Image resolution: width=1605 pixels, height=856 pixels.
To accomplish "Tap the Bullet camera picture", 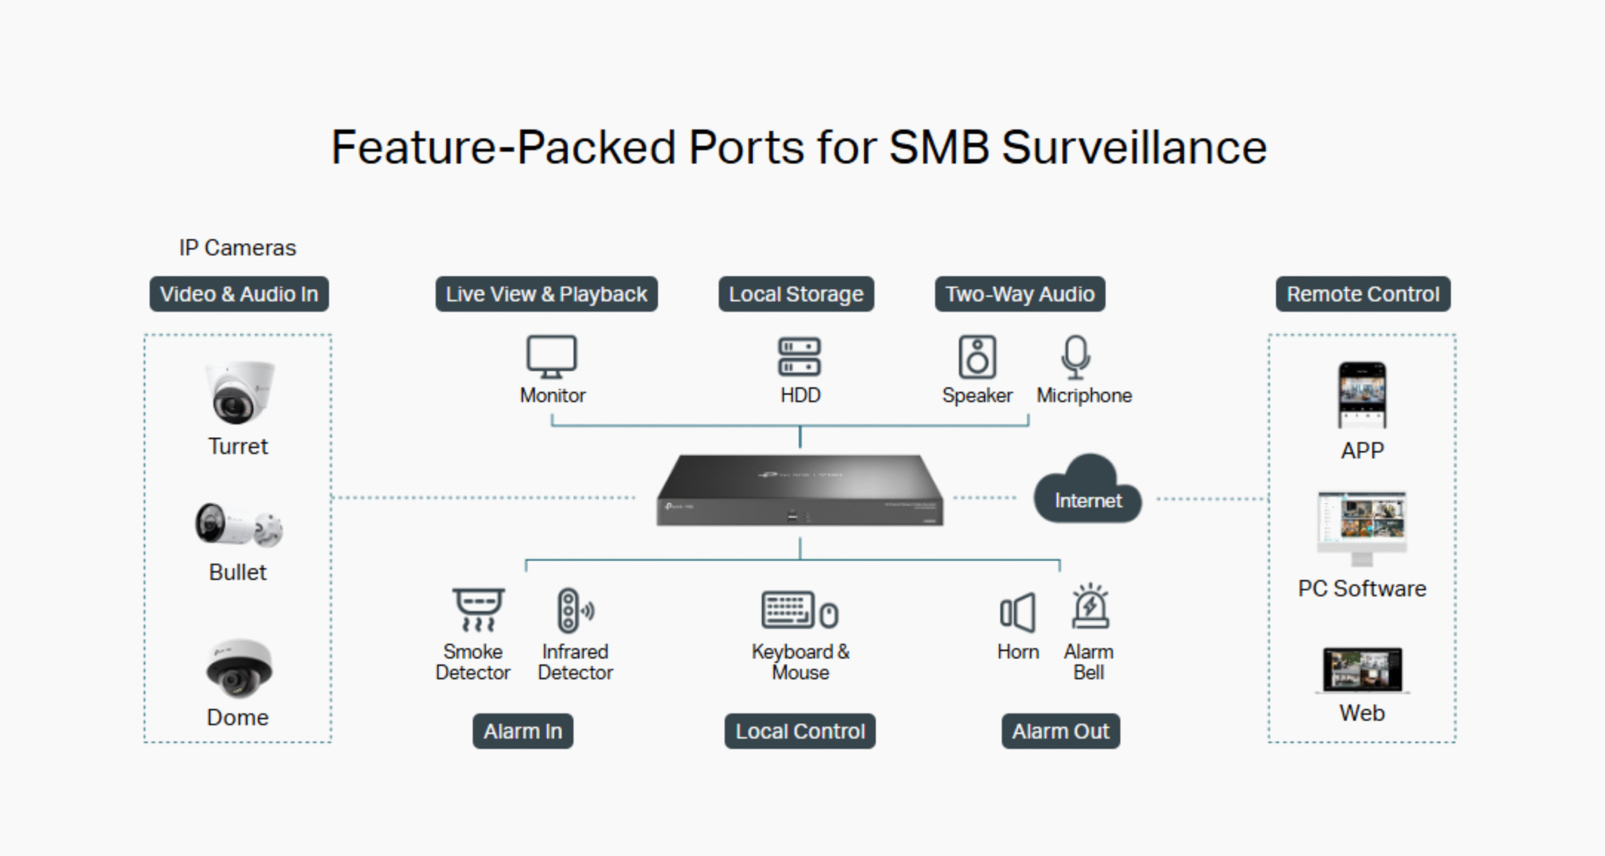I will [x=238, y=524].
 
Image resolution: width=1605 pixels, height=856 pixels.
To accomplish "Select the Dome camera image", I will [x=238, y=668].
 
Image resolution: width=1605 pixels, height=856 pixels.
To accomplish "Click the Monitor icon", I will [x=551, y=356].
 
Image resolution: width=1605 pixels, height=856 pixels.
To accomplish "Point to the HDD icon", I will [x=799, y=356].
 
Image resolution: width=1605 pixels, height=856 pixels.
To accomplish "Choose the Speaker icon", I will [x=977, y=356].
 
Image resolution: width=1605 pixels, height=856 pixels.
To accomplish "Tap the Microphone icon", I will [x=1076, y=356].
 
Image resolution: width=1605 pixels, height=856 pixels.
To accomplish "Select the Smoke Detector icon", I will [x=478, y=609].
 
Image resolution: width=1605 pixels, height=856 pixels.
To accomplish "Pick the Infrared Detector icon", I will [x=575, y=610].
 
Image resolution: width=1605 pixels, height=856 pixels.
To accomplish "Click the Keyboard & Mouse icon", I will [x=799, y=610].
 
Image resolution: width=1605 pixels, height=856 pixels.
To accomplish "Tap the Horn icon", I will [x=1018, y=612].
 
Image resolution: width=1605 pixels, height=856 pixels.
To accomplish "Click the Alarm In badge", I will [x=522, y=731].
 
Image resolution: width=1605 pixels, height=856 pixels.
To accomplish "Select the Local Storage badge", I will [x=796, y=294].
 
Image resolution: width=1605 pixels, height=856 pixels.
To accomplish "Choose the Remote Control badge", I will [x=1363, y=294].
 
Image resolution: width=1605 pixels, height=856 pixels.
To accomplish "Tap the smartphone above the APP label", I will [x=1362, y=395].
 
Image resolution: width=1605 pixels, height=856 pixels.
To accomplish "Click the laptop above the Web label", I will [x=1362, y=670].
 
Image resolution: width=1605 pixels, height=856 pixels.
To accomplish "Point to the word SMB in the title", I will [x=939, y=148].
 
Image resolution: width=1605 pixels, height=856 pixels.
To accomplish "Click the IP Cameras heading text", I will [x=237, y=248].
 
